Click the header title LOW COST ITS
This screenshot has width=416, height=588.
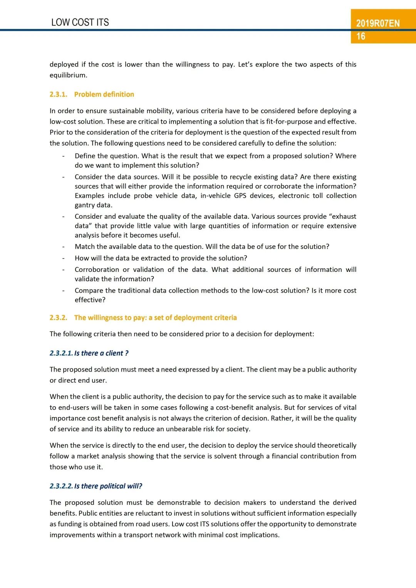click(x=80, y=22)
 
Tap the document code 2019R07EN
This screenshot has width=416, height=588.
click(x=377, y=23)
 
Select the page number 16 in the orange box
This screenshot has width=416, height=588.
click(x=361, y=36)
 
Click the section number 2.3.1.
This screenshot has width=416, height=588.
click(x=58, y=94)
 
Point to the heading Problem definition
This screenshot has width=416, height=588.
click(x=104, y=94)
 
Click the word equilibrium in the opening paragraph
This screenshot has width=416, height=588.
click(x=68, y=75)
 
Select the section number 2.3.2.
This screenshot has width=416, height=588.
click(x=58, y=318)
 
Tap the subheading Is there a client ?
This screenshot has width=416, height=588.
click(x=101, y=353)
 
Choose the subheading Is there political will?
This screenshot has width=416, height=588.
click(x=108, y=486)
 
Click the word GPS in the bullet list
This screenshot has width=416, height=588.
click(x=240, y=196)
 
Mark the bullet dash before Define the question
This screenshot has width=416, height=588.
click(x=63, y=156)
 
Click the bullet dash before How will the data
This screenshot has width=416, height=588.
click(x=63, y=258)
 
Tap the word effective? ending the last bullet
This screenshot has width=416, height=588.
click(x=90, y=300)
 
